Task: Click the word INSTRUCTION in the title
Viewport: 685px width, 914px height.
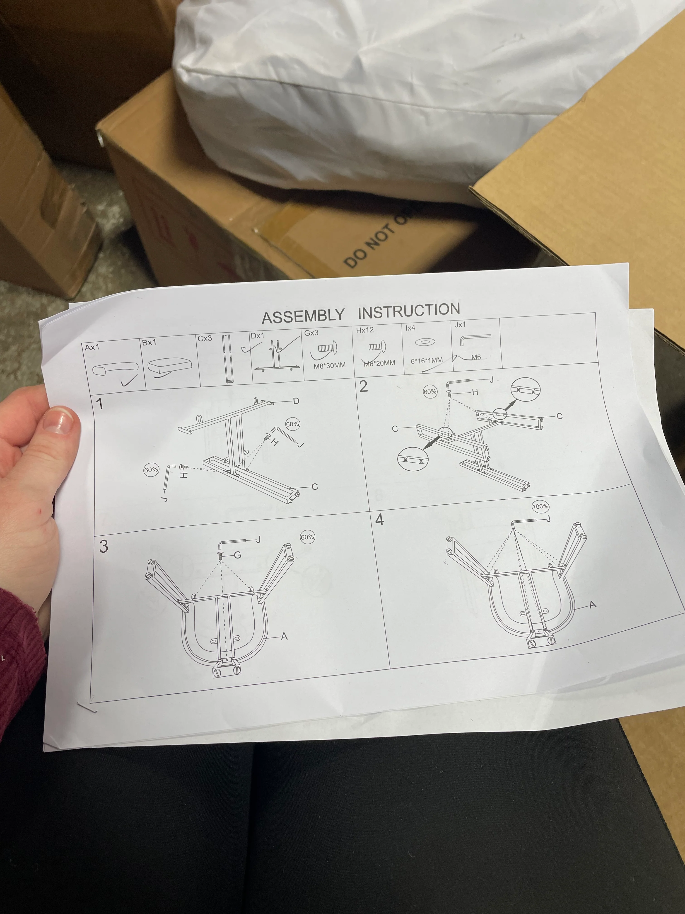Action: (x=409, y=311)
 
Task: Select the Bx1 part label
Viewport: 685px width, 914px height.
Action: (x=149, y=343)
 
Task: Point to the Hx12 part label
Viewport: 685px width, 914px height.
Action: (x=365, y=330)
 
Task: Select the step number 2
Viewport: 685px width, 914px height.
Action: (x=363, y=386)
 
